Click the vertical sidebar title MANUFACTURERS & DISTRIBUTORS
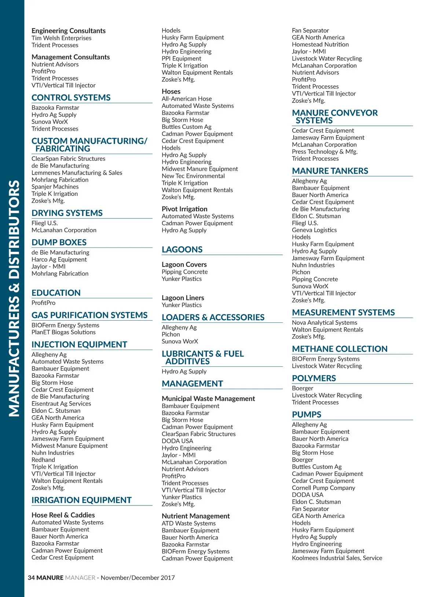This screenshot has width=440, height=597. tap(14, 298)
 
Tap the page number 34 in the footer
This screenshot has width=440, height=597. tap(31, 578)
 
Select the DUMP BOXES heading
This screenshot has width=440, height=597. tap(59, 242)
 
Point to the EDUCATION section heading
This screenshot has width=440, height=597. tap(56, 293)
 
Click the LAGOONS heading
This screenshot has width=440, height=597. tap(182, 250)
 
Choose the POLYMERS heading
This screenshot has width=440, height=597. tap(314, 378)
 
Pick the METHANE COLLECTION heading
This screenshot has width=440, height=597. tap(340, 349)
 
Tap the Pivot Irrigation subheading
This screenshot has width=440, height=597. tap(184, 209)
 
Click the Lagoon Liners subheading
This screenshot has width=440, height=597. tap(183, 298)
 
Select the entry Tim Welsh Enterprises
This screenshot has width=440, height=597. tap(61, 38)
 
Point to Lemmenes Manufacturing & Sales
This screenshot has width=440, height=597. tap(77, 173)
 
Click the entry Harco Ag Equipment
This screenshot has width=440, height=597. tap(59, 260)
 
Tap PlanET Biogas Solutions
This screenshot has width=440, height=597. tap(63, 332)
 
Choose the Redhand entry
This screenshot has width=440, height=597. tap(43, 460)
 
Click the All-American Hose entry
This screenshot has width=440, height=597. tap(187, 99)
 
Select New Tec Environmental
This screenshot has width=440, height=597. tap(193, 176)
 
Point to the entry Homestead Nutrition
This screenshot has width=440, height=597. tap(320, 45)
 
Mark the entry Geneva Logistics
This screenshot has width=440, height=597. tap(314, 230)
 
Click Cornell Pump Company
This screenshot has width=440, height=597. tap(323, 488)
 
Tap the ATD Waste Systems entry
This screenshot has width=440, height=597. tap(188, 523)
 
